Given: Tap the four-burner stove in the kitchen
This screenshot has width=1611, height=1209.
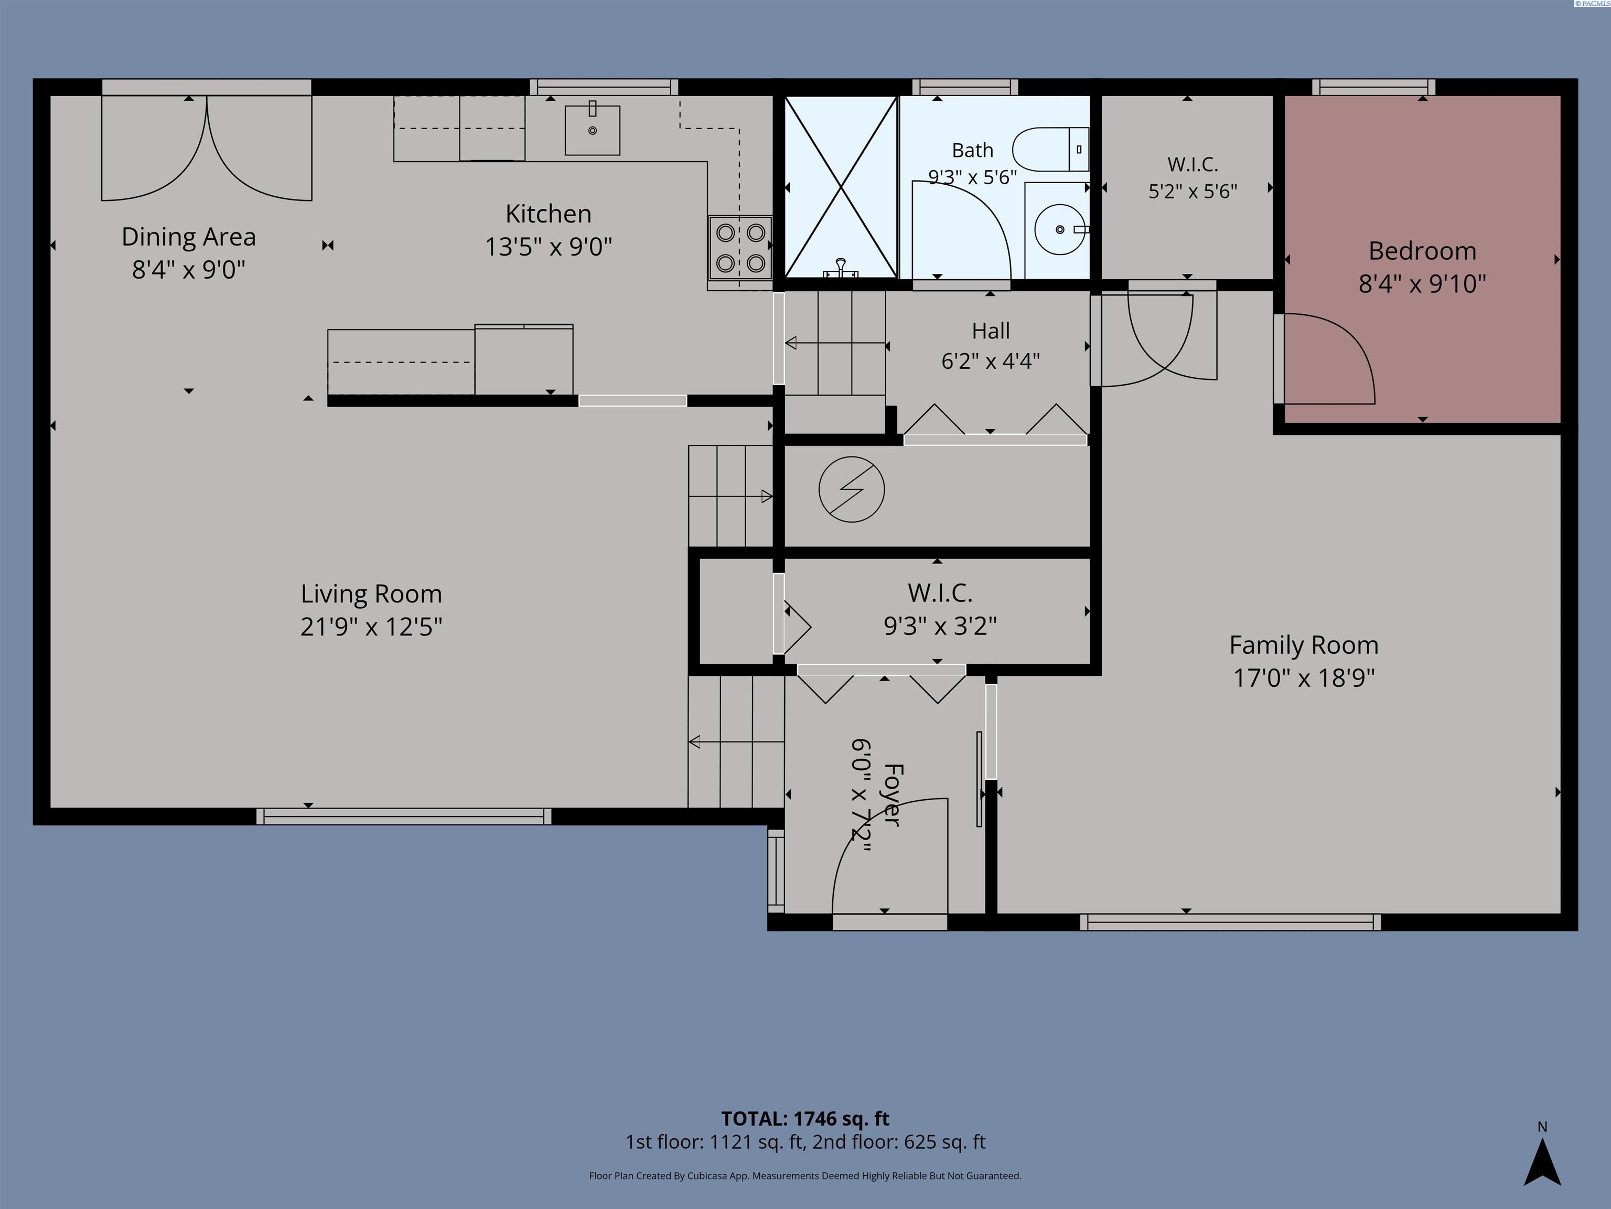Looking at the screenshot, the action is tap(740, 248).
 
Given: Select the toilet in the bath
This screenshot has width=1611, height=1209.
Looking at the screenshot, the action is tap(1050, 150).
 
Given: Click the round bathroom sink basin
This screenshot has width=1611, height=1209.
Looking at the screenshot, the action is tap(1060, 229).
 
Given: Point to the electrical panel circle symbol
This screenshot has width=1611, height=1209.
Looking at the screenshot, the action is tap(851, 490).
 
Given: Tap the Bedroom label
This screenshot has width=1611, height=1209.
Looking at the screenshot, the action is tap(1422, 251).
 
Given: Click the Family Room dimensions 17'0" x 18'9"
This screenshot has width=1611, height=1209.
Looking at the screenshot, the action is tap(1304, 678).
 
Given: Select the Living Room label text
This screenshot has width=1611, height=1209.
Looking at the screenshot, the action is tap(371, 594).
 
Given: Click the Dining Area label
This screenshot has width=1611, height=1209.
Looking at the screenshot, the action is tap(189, 237).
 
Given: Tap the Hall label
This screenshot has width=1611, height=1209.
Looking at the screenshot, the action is tap(991, 331).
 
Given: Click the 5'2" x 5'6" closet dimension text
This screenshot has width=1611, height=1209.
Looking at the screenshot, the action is tap(1193, 191).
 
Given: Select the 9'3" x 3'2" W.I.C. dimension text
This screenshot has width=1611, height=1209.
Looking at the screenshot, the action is tap(940, 626).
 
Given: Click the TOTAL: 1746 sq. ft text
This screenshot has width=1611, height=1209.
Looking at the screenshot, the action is tap(805, 1119).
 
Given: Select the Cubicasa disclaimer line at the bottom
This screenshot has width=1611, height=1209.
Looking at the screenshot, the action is tap(805, 1175).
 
